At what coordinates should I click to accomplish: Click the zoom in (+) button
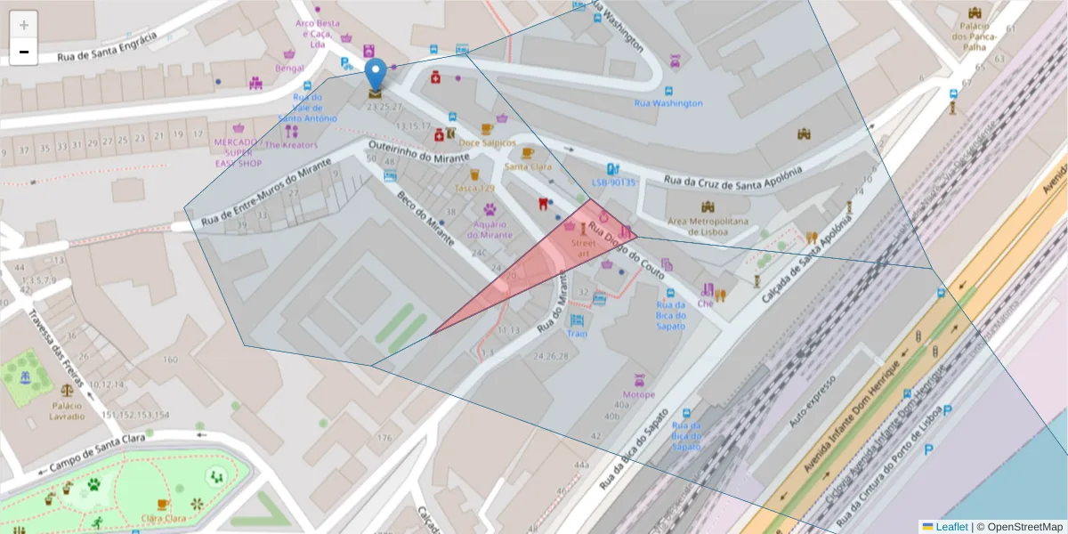pos(24,25)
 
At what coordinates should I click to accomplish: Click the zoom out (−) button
pos(24,52)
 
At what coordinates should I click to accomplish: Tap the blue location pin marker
pos(376,76)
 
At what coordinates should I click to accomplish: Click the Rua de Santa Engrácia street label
pos(107,47)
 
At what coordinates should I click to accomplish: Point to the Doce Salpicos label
pos(487,142)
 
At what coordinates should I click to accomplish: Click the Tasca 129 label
pos(474,188)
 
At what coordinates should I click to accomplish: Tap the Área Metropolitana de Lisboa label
pos(708,226)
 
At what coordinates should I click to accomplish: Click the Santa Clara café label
pos(528,166)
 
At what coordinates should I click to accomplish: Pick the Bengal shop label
pos(289,68)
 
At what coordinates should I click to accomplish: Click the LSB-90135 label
pos(614,182)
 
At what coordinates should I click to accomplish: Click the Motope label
pos(638,394)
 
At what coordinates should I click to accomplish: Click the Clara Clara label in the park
pos(163,518)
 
